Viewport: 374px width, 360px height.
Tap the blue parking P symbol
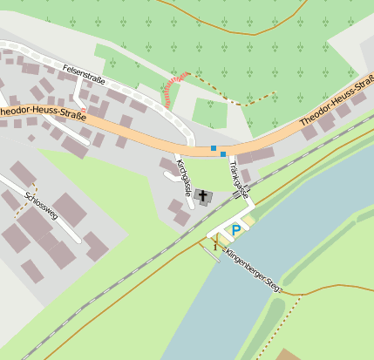coord(235,231)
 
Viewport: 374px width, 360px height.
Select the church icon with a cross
coord(204,197)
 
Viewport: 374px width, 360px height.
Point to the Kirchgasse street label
coord(183,174)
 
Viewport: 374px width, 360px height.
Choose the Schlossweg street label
coord(41,204)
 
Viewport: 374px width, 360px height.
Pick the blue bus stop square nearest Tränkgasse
coord(223,153)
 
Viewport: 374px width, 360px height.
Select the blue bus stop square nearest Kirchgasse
coord(213,147)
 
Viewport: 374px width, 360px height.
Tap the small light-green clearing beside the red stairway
coord(209,112)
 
